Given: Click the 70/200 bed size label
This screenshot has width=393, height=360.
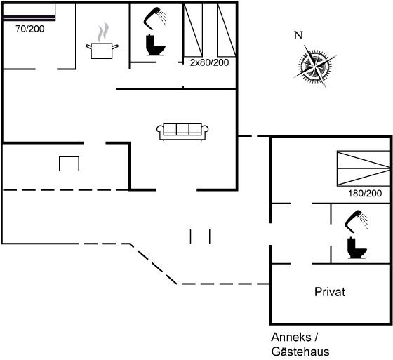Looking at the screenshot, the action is click(29, 29).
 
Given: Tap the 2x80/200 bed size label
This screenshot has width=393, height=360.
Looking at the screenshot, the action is click(209, 62).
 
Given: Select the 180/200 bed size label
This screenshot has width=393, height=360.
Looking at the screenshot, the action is click(365, 193).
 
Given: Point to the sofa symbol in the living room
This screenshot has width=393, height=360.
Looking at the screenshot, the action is click(182, 131).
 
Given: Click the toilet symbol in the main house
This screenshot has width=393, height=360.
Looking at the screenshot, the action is click(155, 45).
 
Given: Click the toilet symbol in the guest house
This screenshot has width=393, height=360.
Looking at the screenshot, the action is click(357, 248).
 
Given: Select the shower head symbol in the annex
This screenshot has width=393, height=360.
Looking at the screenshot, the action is click(357, 221).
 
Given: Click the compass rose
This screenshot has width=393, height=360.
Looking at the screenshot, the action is click(315, 67).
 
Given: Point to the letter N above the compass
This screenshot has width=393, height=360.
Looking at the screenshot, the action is click(298, 35).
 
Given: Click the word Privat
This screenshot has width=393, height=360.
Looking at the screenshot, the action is click(330, 292).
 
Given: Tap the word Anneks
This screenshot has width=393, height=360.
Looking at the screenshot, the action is click(291, 337).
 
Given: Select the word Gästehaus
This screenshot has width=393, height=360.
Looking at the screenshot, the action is click(300, 352).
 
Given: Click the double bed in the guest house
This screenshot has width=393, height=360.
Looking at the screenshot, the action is click(364, 168).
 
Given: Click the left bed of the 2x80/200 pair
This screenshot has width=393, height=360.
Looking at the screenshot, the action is click(193, 30).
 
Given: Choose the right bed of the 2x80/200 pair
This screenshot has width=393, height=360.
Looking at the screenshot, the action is click(227, 30).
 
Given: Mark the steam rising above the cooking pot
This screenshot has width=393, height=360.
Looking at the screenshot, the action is click(103, 32).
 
